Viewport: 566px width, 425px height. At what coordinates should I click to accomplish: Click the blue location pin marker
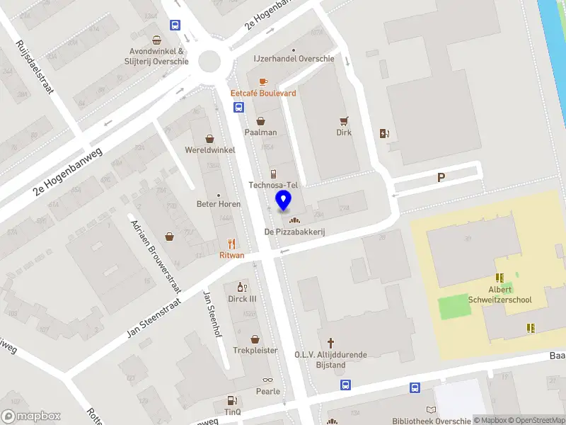point(284,200)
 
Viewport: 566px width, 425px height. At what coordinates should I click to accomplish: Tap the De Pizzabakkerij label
point(294,232)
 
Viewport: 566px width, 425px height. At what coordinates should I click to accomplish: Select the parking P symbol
point(441,178)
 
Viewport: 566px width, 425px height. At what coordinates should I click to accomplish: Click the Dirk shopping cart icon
point(345,120)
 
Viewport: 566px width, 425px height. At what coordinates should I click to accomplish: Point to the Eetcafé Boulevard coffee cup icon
point(263,81)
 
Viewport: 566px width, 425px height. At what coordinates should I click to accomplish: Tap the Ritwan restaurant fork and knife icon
point(231,243)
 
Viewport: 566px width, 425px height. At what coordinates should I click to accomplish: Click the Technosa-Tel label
point(274,185)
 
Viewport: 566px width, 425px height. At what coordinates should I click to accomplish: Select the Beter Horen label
point(219,204)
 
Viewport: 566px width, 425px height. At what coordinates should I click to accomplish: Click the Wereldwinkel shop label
point(209,150)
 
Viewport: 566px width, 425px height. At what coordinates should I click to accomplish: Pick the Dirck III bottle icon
point(241,287)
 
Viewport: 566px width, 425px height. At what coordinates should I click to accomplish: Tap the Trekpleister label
point(255,351)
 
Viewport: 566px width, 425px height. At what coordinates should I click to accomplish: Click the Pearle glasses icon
point(267,380)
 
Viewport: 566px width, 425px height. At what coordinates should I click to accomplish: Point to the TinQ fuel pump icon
point(231,402)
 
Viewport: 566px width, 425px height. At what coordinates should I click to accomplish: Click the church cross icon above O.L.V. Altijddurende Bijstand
point(330,341)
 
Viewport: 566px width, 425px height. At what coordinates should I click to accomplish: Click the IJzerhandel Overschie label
point(294,59)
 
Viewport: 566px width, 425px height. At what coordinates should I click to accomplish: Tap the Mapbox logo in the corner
point(31,416)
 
